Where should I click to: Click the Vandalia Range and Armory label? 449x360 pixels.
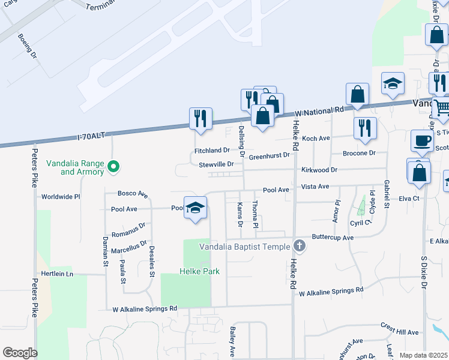click(x=82, y=168)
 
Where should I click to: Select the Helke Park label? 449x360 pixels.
click(x=199, y=271)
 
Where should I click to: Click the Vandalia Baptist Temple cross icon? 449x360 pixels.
click(x=300, y=246)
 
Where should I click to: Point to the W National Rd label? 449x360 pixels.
click(x=320, y=112)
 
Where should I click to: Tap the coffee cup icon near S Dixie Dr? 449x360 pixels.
click(x=422, y=140)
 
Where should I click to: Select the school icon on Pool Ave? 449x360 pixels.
click(x=194, y=208)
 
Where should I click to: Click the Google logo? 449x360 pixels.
click(x=19, y=353)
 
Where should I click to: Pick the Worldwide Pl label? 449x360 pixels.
click(x=61, y=196)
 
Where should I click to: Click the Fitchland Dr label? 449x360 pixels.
click(x=212, y=150)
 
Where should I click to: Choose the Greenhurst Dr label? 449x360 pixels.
click(x=270, y=155)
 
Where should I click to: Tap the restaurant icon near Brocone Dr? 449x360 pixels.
click(x=365, y=128)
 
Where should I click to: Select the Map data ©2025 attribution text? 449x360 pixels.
click(x=423, y=355)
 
